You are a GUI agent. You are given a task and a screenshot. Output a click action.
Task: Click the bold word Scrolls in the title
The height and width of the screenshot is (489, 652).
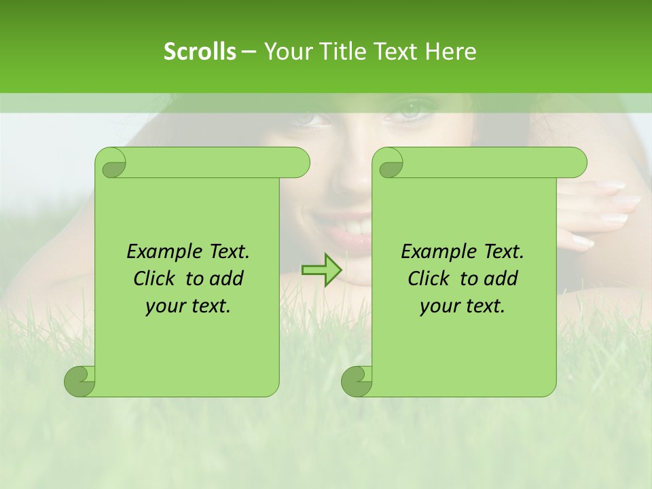click(200, 51)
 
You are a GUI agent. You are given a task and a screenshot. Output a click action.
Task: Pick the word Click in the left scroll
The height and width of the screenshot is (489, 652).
click(155, 278)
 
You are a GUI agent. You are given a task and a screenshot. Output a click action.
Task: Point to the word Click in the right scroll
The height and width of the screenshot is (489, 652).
click(429, 278)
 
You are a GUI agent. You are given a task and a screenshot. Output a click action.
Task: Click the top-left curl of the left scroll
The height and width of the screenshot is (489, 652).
click(111, 163)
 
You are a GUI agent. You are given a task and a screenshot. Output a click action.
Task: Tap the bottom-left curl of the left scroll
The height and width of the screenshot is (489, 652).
click(80, 381)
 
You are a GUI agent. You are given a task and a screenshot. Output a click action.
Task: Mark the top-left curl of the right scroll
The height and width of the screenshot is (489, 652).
click(389, 163)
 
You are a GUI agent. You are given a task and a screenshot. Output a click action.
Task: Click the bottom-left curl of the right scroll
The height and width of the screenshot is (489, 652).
click(357, 381)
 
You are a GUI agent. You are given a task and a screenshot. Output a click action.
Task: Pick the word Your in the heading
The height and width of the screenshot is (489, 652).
click(287, 51)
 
